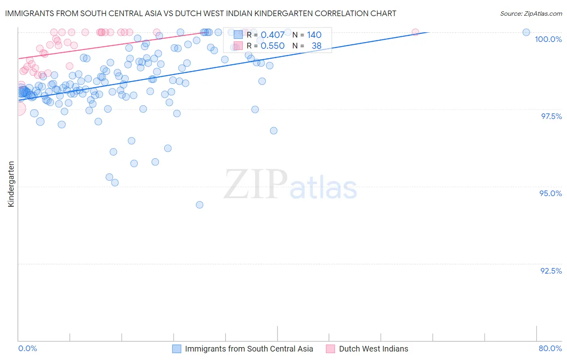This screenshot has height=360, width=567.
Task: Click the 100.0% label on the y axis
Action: [x=548, y=39]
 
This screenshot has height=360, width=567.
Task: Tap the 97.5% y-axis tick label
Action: [x=551, y=116]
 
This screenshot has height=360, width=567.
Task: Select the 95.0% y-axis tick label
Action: [x=550, y=193]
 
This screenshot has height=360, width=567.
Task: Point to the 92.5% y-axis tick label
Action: [x=551, y=271]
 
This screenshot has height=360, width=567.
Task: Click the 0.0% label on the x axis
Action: [x=27, y=348]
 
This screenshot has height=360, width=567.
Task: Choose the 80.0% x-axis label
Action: [x=550, y=348]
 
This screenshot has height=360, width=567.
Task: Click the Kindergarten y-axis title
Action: [x=11, y=184]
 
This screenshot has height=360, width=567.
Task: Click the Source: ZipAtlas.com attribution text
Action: [x=531, y=14]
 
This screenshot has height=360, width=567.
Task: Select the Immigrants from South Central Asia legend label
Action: [x=249, y=349]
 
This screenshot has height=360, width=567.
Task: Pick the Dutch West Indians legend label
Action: [x=373, y=349]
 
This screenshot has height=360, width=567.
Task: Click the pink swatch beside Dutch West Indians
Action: [x=330, y=349]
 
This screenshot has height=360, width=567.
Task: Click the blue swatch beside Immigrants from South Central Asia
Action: [x=177, y=349]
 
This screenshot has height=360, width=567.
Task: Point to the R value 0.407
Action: [x=273, y=35]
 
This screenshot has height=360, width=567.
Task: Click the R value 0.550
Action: [x=273, y=46]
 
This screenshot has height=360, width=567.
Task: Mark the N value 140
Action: [x=314, y=35]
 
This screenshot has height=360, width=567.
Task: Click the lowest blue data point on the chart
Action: [x=200, y=205]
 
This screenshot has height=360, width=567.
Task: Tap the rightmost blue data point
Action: [x=526, y=32]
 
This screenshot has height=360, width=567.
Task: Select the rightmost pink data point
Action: [x=415, y=32]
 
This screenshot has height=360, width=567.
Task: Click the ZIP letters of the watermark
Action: [x=256, y=184]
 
